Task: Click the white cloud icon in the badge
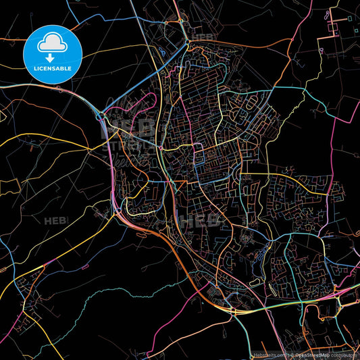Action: [x=53, y=43]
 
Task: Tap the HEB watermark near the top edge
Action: [x=203, y=37]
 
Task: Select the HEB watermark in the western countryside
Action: [x=56, y=221]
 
